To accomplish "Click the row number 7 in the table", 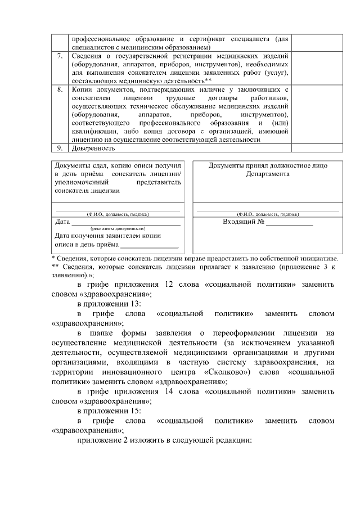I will pyautogui.click(x=60, y=57).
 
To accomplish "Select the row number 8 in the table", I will pyautogui.click(x=60, y=89).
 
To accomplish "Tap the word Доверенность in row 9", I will pyautogui.click(x=93, y=148).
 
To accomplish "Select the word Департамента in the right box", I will pyautogui.click(x=267, y=174).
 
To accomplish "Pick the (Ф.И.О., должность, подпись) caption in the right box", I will pyautogui.click(x=267, y=214).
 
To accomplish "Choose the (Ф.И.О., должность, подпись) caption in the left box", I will pyautogui.click(x=118, y=214).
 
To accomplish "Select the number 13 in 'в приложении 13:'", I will pyautogui.click(x=135, y=304).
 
